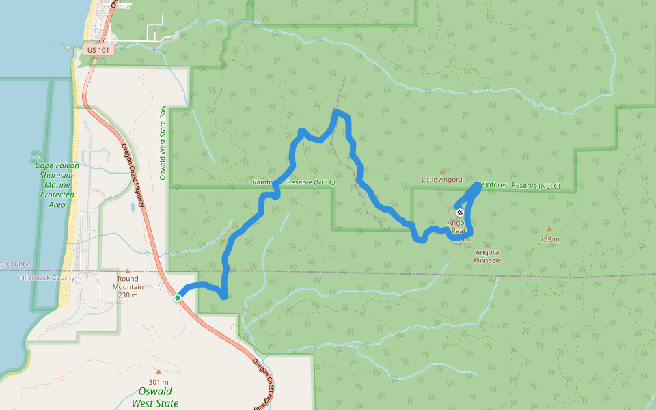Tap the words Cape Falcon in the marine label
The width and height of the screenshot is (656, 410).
[x=57, y=166]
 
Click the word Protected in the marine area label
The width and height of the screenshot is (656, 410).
[x=57, y=195]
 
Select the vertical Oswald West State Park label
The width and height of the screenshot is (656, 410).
[x=163, y=142]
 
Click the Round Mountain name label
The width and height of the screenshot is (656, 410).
[x=128, y=279]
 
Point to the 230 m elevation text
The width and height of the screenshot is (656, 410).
[x=128, y=295]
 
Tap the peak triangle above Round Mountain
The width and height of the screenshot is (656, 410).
[x=128, y=271]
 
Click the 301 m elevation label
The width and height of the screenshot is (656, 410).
[x=158, y=381]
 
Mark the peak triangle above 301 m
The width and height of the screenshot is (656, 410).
[x=158, y=372]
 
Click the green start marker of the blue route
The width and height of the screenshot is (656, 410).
[x=178, y=298]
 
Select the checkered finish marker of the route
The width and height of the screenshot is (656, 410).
[x=459, y=213]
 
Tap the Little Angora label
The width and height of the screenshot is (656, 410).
[x=441, y=180]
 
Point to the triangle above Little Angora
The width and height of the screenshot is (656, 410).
[x=441, y=172]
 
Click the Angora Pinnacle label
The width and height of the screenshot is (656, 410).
[x=488, y=256]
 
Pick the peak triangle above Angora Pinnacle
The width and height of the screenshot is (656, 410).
[x=487, y=244]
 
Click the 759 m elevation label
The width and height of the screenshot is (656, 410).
[x=549, y=239]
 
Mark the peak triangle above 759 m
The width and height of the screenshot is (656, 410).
[x=549, y=230]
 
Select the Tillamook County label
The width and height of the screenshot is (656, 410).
[x=46, y=278]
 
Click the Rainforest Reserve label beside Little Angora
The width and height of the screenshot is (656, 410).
[x=519, y=186]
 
